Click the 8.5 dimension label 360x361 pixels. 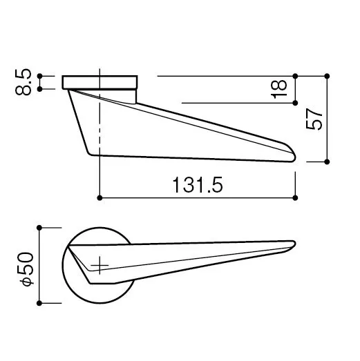(x=23, y=82)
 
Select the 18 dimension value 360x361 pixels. (x=279, y=89)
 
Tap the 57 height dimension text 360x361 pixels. (x=314, y=119)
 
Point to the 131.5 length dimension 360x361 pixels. (x=198, y=185)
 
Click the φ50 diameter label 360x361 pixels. (x=27, y=269)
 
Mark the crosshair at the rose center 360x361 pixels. (x=100, y=265)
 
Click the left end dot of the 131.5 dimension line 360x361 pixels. (x=100, y=198)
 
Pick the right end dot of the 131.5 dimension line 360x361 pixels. (x=295, y=198)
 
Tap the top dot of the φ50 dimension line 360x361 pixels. (x=39, y=228)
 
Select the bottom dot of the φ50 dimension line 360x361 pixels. (x=39, y=303)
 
